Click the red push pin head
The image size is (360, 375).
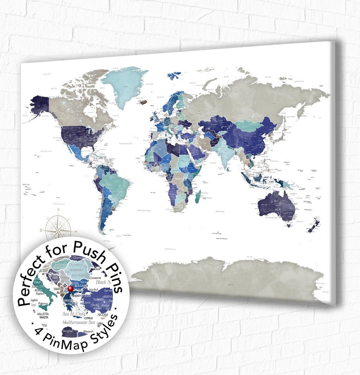pyautogui.click(x=70, y=288)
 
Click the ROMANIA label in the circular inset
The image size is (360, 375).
pyautogui.click(x=77, y=271)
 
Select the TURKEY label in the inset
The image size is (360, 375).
pyautogui.click(x=99, y=299)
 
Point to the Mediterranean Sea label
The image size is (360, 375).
pyautogui.click(x=79, y=322)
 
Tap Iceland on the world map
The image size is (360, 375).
pyautogui.click(x=142, y=101)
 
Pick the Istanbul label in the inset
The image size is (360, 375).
pyautogui.click(x=95, y=289)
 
